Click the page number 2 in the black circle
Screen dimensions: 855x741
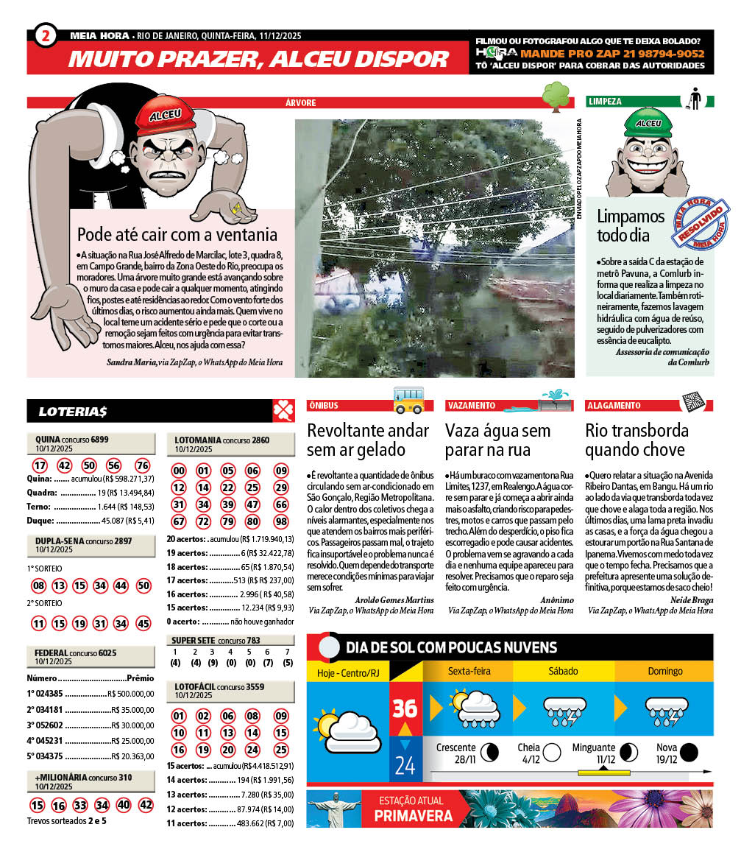(x=46, y=35)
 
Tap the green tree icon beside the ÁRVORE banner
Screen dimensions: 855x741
(x=556, y=96)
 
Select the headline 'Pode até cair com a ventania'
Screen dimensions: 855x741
(x=177, y=235)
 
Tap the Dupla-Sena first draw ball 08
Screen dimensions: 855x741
(x=39, y=586)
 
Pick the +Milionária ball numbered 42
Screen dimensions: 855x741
(x=146, y=805)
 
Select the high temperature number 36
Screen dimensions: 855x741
(x=405, y=708)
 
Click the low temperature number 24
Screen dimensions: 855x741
(x=405, y=766)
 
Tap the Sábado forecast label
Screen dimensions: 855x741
(x=563, y=671)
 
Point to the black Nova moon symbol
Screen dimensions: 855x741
(x=689, y=752)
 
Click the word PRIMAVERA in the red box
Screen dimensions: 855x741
(x=413, y=815)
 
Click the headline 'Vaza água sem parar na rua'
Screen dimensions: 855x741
(x=497, y=440)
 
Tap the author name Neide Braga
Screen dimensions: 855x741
(x=692, y=599)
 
